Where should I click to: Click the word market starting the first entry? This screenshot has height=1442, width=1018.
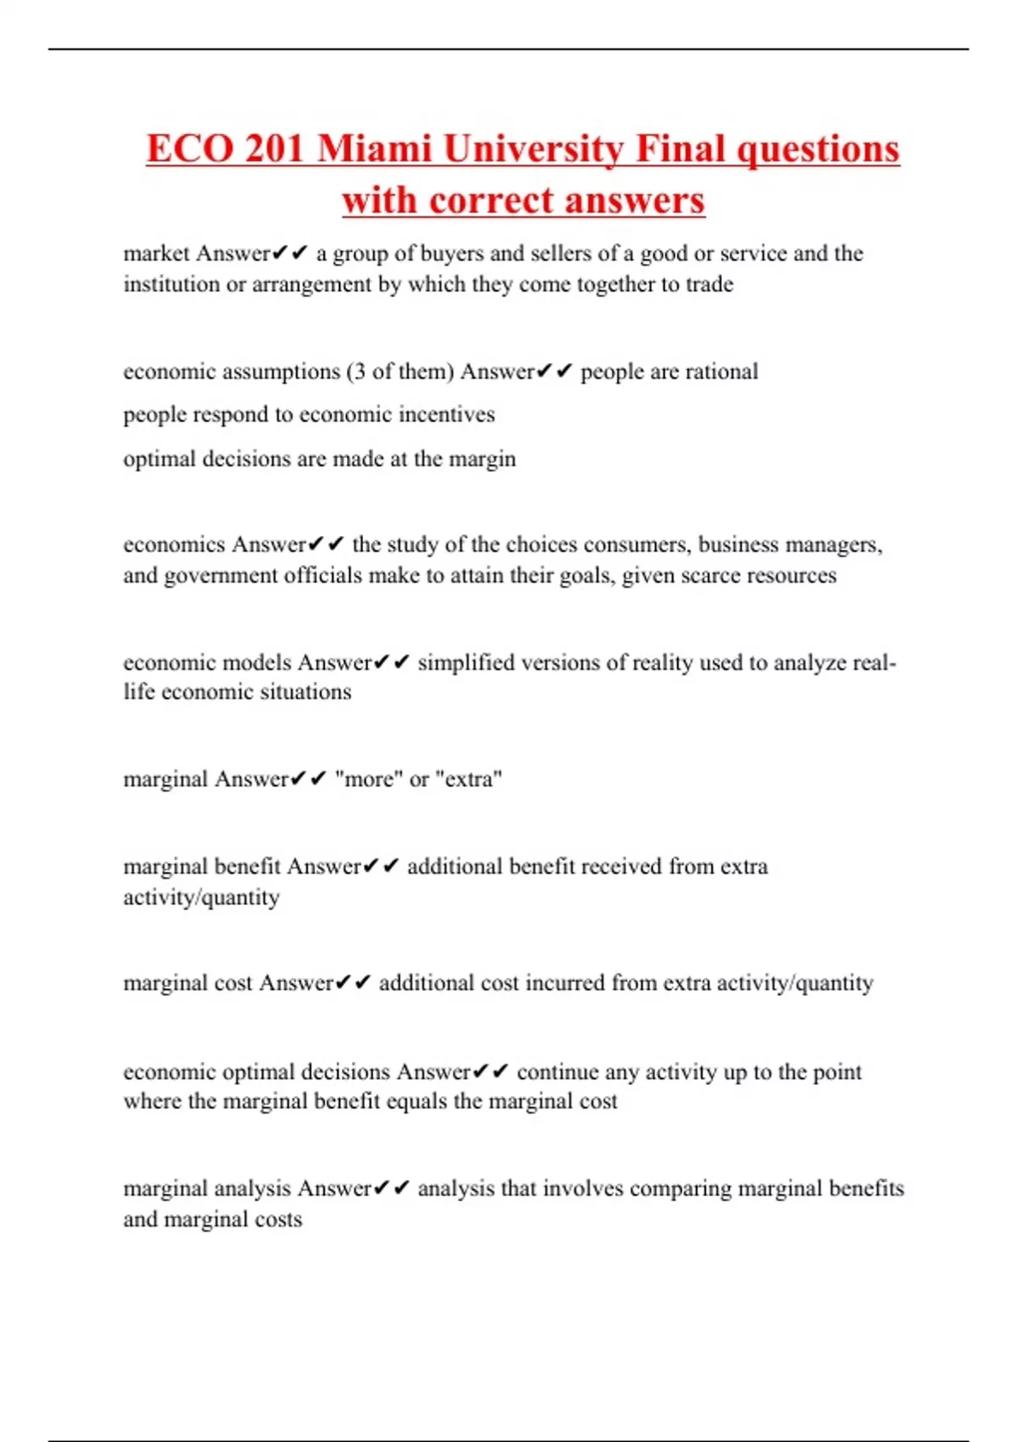[x=157, y=254]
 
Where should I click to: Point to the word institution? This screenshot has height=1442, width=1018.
[x=171, y=284]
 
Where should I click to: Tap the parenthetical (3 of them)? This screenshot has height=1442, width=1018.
[x=400, y=372]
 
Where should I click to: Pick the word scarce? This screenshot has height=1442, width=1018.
[x=708, y=576]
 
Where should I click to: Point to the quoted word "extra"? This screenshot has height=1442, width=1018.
[x=468, y=780]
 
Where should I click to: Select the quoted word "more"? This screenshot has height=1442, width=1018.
[x=369, y=780]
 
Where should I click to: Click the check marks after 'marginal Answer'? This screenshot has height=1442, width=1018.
[x=308, y=780]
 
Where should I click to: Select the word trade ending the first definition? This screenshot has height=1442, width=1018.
[x=709, y=284]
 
